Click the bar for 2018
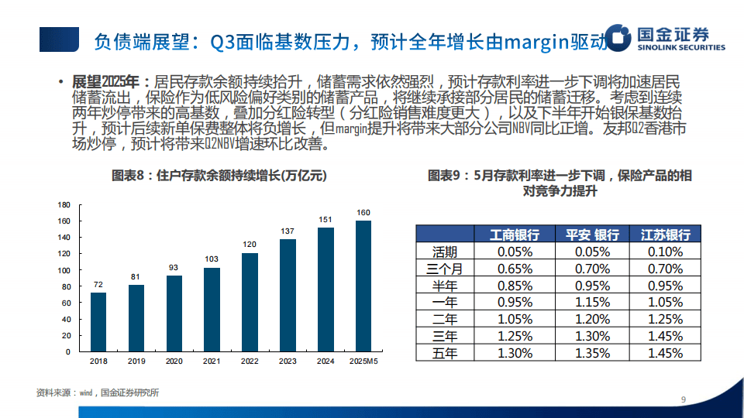(98, 321)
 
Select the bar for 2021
(212, 309)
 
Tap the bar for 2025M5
(363, 286)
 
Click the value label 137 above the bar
(288, 231)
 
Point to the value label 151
(325, 220)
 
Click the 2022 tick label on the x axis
(250, 361)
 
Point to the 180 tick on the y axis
(65, 205)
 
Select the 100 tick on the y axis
(65, 271)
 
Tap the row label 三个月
(445, 269)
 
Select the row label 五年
(445, 352)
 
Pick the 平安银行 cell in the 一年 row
(592, 302)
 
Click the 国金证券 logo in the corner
(665, 38)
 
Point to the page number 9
(683, 399)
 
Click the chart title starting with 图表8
(219, 176)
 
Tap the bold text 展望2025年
(105, 81)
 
